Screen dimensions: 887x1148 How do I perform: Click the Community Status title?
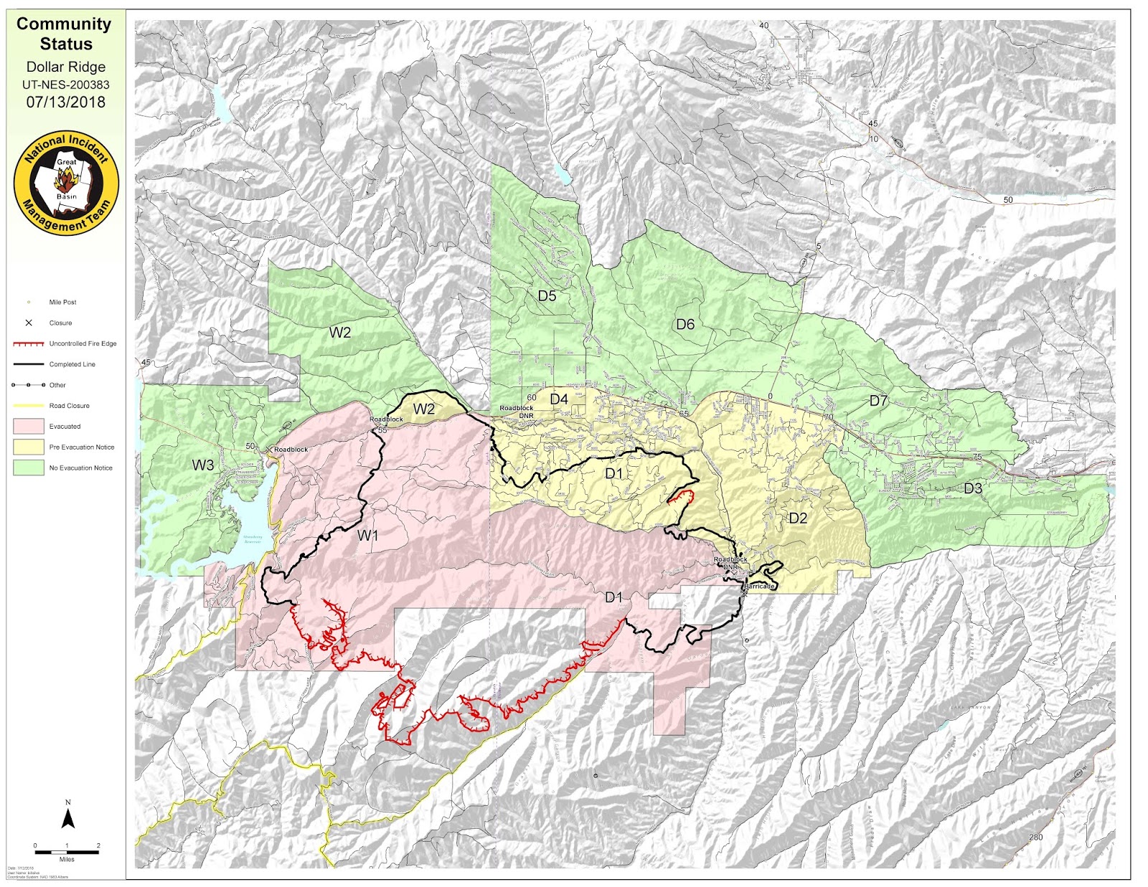[x=65, y=34]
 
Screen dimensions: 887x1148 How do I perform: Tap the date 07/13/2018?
[x=66, y=102]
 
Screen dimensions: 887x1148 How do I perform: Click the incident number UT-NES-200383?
[x=66, y=85]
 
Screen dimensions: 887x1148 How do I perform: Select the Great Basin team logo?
[x=66, y=184]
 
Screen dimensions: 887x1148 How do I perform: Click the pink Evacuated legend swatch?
[x=29, y=426]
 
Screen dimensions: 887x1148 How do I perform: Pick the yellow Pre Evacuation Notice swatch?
[x=29, y=447]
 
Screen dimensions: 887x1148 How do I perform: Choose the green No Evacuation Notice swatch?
[x=29, y=468]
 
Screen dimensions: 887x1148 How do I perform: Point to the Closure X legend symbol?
[x=29, y=323]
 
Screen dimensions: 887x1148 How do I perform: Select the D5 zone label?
[x=547, y=295]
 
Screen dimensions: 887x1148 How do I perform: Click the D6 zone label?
[x=685, y=325]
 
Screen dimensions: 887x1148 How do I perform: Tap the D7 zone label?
[x=878, y=401]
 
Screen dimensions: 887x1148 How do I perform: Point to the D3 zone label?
[x=972, y=488]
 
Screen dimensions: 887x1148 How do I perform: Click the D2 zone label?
[x=798, y=518]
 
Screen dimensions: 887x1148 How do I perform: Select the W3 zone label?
[x=203, y=465]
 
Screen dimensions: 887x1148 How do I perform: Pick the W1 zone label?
[x=367, y=536]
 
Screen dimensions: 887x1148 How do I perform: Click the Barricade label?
[x=760, y=587]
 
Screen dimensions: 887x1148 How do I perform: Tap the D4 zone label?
[x=559, y=399]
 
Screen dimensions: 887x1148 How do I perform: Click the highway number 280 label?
[x=1035, y=837]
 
